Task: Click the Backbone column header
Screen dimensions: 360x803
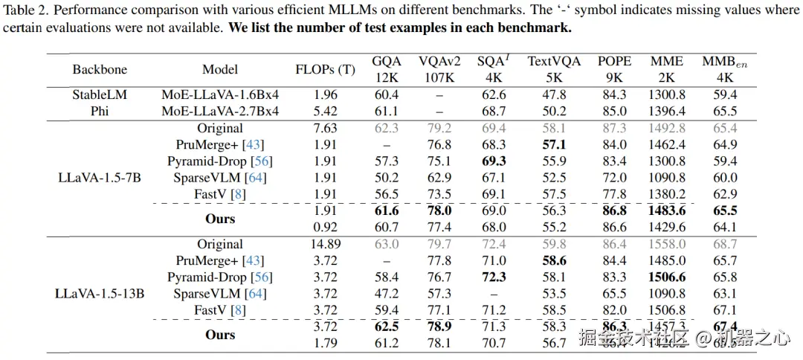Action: pyautogui.click(x=100, y=70)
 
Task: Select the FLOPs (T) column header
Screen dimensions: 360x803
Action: pyautogui.click(x=325, y=70)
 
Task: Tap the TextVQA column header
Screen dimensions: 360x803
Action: pyautogui.click(x=554, y=62)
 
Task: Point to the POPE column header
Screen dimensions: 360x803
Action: pyautogui.click(x=614, y=62)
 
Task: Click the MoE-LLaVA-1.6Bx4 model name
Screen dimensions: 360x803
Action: pyautogui.click(x=220, y=95)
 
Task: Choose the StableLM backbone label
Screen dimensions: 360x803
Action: pyautogui.click(x=100, y=95)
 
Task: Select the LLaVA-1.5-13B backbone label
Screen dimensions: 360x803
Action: pyautogui.click(x=100, y=293)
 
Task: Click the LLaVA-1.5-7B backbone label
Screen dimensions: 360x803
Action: pyautogui.click(x=100, y=178)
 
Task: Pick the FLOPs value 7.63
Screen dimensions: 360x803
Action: pyautogui.click(x=325, y=128)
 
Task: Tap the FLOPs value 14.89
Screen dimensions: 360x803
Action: pyautogui.click(x=325, y=244)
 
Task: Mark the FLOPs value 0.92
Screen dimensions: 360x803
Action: pyautogui.click(x=325, y=227)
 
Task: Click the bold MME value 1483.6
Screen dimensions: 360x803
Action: pyautogui.click(x=667, y=211)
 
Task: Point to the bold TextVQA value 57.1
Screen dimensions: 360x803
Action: pyautogui.click(x=554, y=145)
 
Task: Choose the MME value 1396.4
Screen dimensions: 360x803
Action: pyautogui.click(x=667, y=112)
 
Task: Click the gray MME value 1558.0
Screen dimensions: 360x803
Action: pyautogui.click(x=667, y=244)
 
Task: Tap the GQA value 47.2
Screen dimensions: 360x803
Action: pyautogui.click(x=387, y=294)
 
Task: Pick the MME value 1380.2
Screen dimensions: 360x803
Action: pyautogui.click(x=667, y=194)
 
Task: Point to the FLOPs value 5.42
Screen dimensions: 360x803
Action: pyautogui.click(x=325, y=112)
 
